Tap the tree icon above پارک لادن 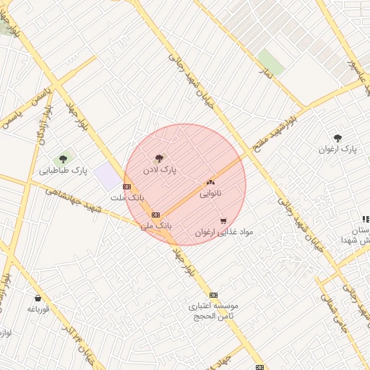click(159, 157)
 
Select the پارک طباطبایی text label click(64, 171)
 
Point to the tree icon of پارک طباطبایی click(63, 159)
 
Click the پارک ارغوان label click(337, 149)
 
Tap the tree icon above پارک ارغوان click(337, 137)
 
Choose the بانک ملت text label click(127, 197)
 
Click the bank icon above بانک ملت click(127, 186)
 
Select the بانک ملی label click(156, 225)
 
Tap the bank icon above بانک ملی click(155, 215)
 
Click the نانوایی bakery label click(211, 193)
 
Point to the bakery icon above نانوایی click(211, 182)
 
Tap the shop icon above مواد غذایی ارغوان click(223, 221)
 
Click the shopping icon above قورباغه click(38, 298)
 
